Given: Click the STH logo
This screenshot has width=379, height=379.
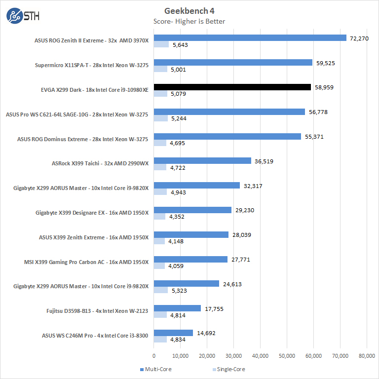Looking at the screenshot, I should click(23, 16).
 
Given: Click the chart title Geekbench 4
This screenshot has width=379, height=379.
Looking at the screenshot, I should click(189, 11).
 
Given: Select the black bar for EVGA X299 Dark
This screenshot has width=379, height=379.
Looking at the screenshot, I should click(232, 87).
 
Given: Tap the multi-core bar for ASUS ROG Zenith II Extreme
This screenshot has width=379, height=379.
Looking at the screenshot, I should click(250, 38).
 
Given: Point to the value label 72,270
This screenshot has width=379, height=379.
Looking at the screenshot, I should click(359, 38).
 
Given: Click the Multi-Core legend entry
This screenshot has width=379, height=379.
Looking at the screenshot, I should click(155, 369).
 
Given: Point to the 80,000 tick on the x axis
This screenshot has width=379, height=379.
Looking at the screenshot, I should click(367, 355).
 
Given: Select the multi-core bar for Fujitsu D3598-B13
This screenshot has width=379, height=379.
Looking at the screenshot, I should click(177, 308).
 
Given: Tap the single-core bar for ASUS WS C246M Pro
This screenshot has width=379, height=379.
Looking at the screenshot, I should click(160, 340).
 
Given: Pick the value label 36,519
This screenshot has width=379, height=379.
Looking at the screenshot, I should click(264, 161).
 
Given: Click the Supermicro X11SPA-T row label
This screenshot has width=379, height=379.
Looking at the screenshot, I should click(92, 65).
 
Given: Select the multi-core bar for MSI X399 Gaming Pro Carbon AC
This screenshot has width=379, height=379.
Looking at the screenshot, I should click(190, 259).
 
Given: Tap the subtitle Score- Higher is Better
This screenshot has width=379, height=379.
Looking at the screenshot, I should click(189, 21).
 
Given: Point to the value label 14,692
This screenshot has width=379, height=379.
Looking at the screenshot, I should click(205, 333).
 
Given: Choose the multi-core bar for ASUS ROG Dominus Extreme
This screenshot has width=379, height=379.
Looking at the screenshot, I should click(227, 136).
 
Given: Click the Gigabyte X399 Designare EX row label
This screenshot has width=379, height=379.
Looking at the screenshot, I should click(92, 213).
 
